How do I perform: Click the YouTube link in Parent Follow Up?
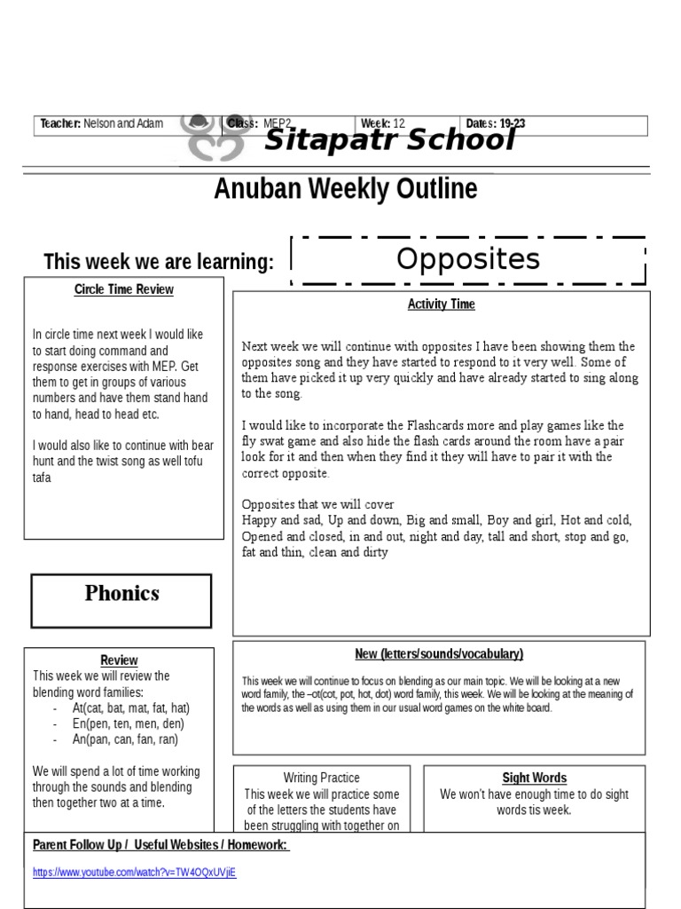(x=135, y=872)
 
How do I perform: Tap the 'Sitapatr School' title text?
(x=390, y=140)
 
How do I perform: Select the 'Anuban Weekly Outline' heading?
(x=346, y=189)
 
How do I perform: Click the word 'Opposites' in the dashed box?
(x=467, y=259)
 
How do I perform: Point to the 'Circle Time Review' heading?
(x=124, y=289)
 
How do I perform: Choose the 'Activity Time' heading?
(x=442, y=304)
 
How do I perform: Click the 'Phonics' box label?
(x=122, y=593)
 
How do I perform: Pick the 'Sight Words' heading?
(x=535, y=778)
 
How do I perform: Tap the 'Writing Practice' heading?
(x=321, y=778)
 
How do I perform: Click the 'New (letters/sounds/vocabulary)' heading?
(x=439, y=654)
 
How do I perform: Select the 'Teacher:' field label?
(x=60, y=123)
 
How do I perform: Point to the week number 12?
(x=399, y=123)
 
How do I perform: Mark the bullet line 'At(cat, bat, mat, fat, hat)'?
(x=131, y=707)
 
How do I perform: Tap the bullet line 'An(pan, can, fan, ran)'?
(x=125, y=739)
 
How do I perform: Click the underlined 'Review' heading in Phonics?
(x=119, y=660)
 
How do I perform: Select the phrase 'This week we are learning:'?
(x=159, y=262)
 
